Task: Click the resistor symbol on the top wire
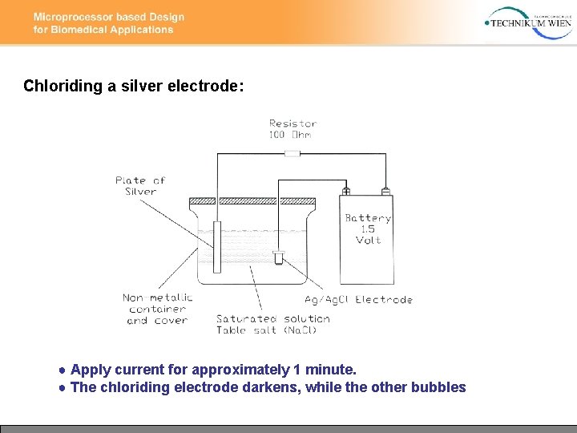click(293, 152)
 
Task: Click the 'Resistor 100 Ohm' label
click(293, 128)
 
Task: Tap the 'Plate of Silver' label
click(140, 186)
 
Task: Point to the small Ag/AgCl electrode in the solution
click(279, 257)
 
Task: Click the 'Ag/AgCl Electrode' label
click(358, 300)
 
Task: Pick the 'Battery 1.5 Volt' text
click(368, 229)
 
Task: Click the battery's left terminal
click(346, 192)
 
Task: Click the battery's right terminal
click(385, 192)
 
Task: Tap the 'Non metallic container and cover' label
click(157, 309)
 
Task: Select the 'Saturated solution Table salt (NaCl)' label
click(272, 324)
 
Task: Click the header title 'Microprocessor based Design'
click(109, 17)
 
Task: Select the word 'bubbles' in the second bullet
click(438, 387)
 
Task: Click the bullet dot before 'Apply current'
click(62, 370)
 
